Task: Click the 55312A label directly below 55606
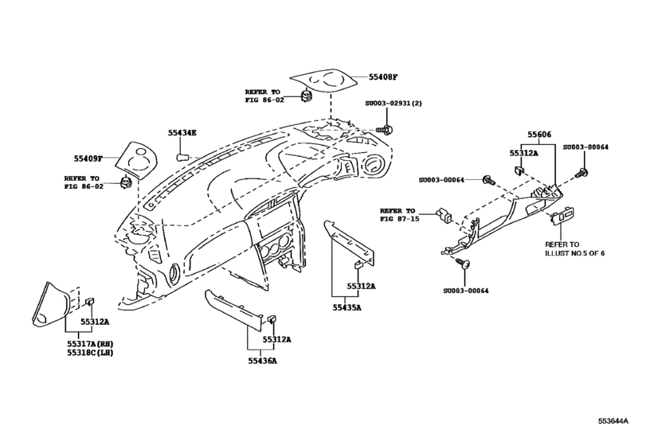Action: click(525, 153)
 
